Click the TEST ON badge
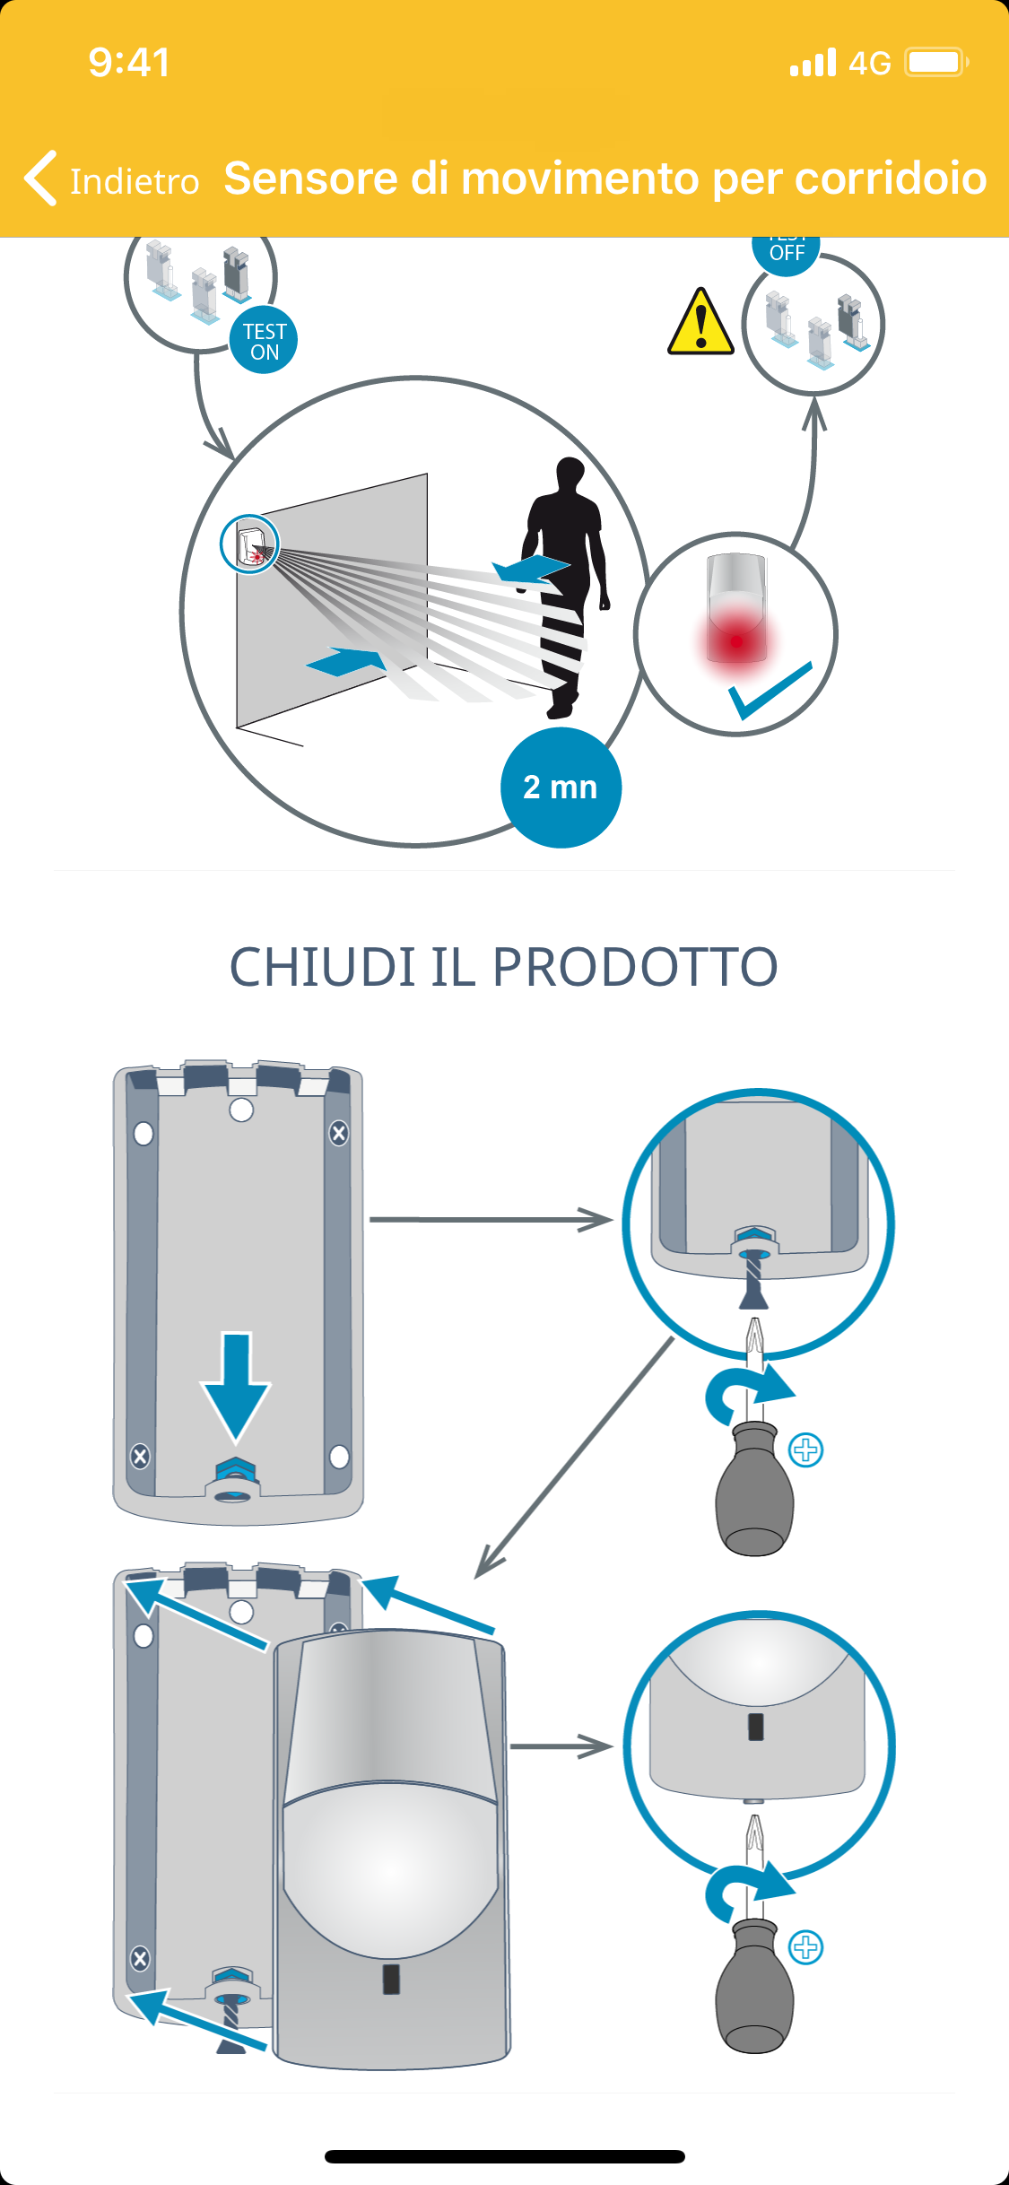[264, 342]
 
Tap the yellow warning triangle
[700, 324]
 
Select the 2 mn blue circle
[561, 788]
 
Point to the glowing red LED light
[736, 640]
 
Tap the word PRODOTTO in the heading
[635, 967]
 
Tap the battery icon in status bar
[935, 63]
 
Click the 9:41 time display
[129, 63]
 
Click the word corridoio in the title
[891, 178]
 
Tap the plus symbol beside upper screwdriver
[806, 1449]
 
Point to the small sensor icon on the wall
[250, 544]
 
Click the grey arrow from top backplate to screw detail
[490, 1220]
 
